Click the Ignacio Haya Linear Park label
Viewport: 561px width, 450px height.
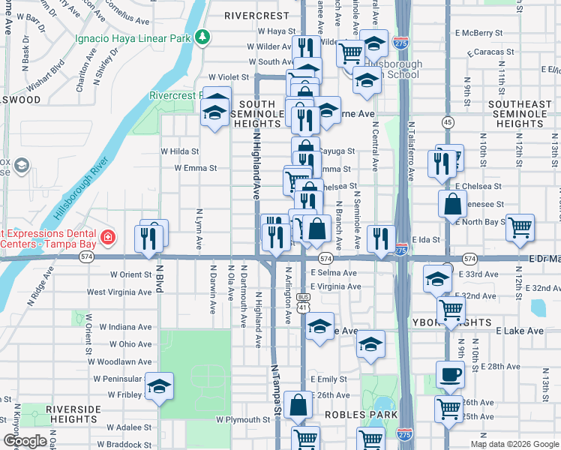pos(133,37)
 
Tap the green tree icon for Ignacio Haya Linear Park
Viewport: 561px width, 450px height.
pos(202,37)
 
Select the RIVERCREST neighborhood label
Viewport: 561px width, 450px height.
pos(257,15)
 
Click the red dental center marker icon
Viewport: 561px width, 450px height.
pos(109,238)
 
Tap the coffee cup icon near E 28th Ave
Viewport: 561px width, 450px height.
pos(450,375)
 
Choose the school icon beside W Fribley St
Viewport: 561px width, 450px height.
pos(159,385)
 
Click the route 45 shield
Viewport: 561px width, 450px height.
pos(448,121)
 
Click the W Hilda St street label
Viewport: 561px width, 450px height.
pos(179,151)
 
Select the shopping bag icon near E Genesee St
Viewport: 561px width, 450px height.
pos(454,204)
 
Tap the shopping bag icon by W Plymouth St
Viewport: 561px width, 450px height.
pos(298,404)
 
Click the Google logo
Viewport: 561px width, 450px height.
pos(25,441)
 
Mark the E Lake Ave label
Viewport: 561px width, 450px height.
pos(519,331)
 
